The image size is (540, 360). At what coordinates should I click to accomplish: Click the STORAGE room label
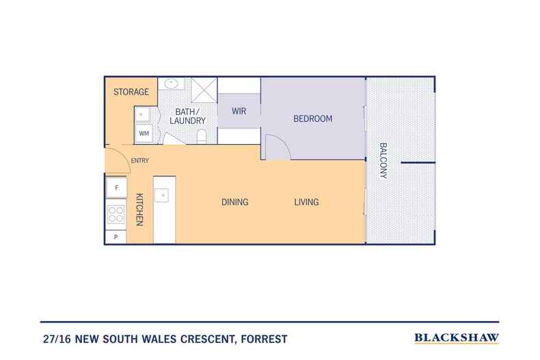point(131,92)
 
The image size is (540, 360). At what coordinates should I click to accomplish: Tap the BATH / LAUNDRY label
point(188,116)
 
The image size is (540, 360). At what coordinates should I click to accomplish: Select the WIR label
point(239,111)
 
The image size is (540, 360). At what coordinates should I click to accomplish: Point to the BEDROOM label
point(312,119)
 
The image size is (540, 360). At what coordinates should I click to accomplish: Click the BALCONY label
point(383,161)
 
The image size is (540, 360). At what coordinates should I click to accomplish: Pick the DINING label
point(235,202)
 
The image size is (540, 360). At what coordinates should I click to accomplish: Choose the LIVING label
point(306,202)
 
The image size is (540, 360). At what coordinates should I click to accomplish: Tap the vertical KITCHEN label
point(139,210)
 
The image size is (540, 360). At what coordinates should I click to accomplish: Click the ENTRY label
point(140,161)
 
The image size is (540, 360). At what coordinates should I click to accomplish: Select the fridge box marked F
point(116,188)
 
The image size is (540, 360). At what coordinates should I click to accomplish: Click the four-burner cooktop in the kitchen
point(116,214)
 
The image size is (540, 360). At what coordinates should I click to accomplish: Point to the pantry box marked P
point(116,237)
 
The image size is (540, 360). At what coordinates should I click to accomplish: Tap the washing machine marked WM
point(144,133)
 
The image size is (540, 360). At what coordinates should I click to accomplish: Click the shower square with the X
point(204,91)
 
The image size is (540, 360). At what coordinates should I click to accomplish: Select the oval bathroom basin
point(171,83)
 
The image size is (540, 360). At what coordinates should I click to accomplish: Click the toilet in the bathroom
point(202,137)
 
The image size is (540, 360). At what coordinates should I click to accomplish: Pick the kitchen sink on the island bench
point(161,195)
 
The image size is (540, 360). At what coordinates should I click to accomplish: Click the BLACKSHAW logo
point(457,338)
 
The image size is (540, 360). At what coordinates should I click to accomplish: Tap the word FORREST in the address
point(264,339)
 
